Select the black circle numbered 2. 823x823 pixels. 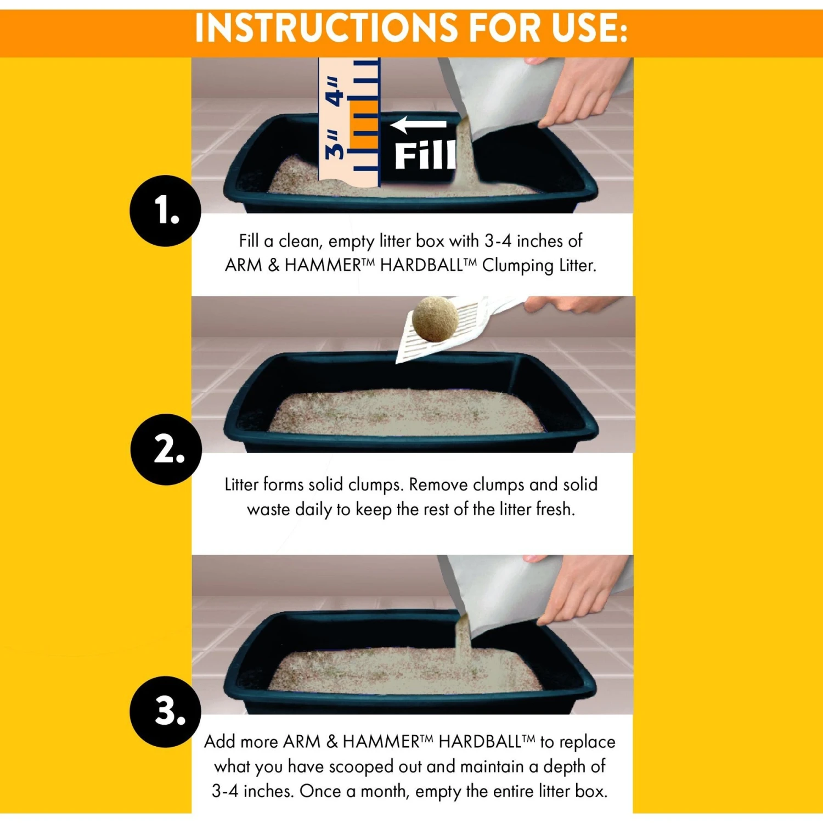pos(166,449)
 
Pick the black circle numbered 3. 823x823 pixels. pos(166,712)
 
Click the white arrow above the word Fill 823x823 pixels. pos(418,125)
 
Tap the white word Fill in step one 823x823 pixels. pos(425,156)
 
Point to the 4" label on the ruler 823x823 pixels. pos(334,91)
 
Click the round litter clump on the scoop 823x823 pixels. pos(435,319)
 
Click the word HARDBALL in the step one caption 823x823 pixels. pos(420,266)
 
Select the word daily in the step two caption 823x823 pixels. pos(313,510)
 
